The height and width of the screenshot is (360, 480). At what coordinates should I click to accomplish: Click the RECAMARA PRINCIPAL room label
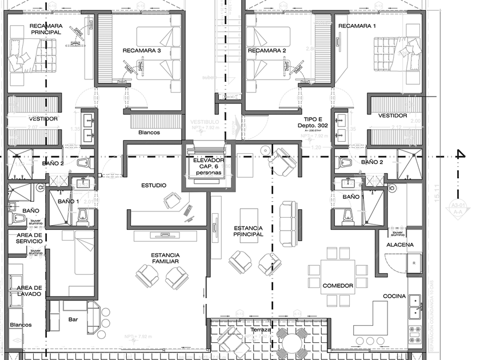point(46,29)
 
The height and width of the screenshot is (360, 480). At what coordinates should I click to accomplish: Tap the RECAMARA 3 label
point(142,51)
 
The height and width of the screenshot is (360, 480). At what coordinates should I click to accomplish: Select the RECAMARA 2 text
point(267,51)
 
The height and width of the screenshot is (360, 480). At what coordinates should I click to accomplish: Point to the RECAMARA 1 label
point(357,26)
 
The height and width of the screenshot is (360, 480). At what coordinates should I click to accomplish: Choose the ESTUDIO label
point(154,185)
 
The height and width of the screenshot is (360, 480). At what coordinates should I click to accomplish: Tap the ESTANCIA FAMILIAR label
point(165,258)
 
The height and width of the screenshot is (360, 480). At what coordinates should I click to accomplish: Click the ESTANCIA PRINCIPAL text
point(249,231)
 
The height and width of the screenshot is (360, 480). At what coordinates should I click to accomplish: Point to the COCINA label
point(394,296)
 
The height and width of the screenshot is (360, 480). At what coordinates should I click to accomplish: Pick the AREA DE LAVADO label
point(29,290)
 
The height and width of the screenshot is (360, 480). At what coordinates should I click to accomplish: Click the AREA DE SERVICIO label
point(29,238)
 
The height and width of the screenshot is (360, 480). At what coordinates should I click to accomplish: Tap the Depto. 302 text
point(311,125)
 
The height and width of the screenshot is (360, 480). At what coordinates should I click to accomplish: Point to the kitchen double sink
point(414,306)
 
